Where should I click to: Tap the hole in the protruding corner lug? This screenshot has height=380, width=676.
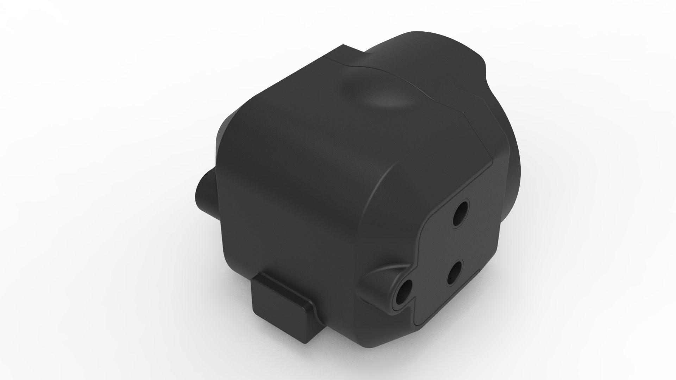point(404,291)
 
